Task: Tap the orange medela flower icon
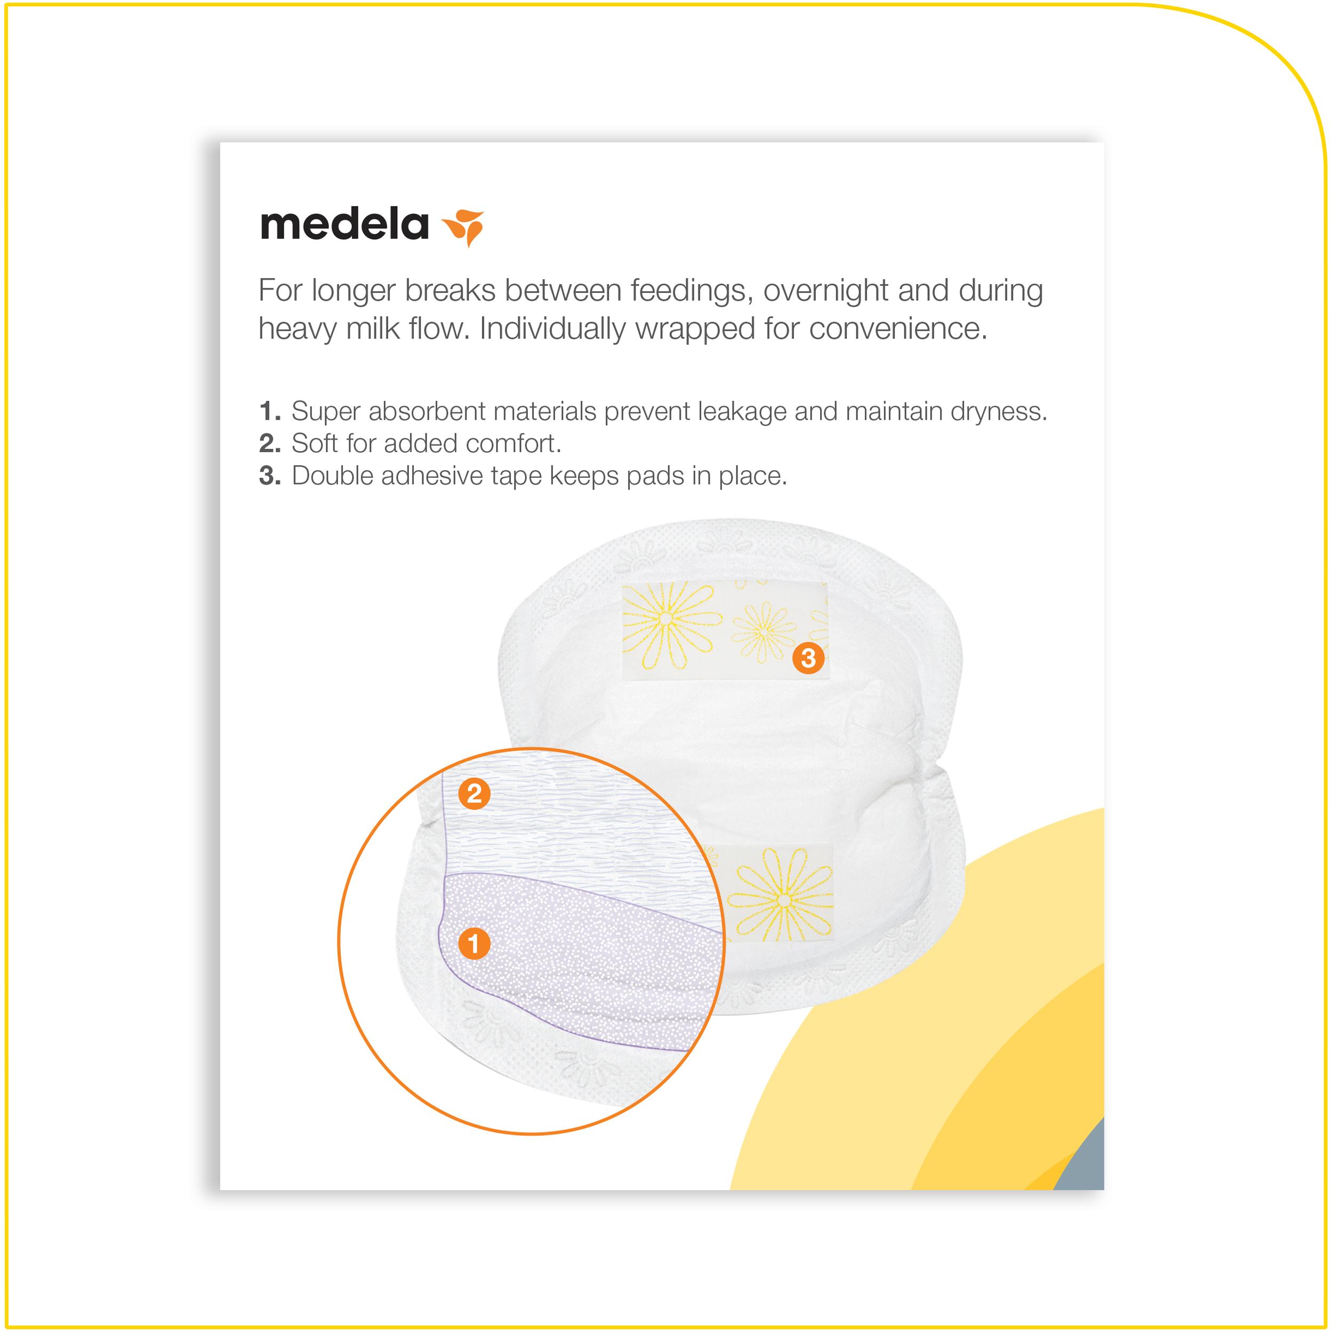tap(464, 226)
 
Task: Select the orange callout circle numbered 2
tap(474, 794)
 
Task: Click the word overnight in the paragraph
tap(825, 291)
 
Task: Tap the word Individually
tap(553, 329)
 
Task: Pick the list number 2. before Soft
tap(270, 444)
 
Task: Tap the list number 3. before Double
tap(270, 476)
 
